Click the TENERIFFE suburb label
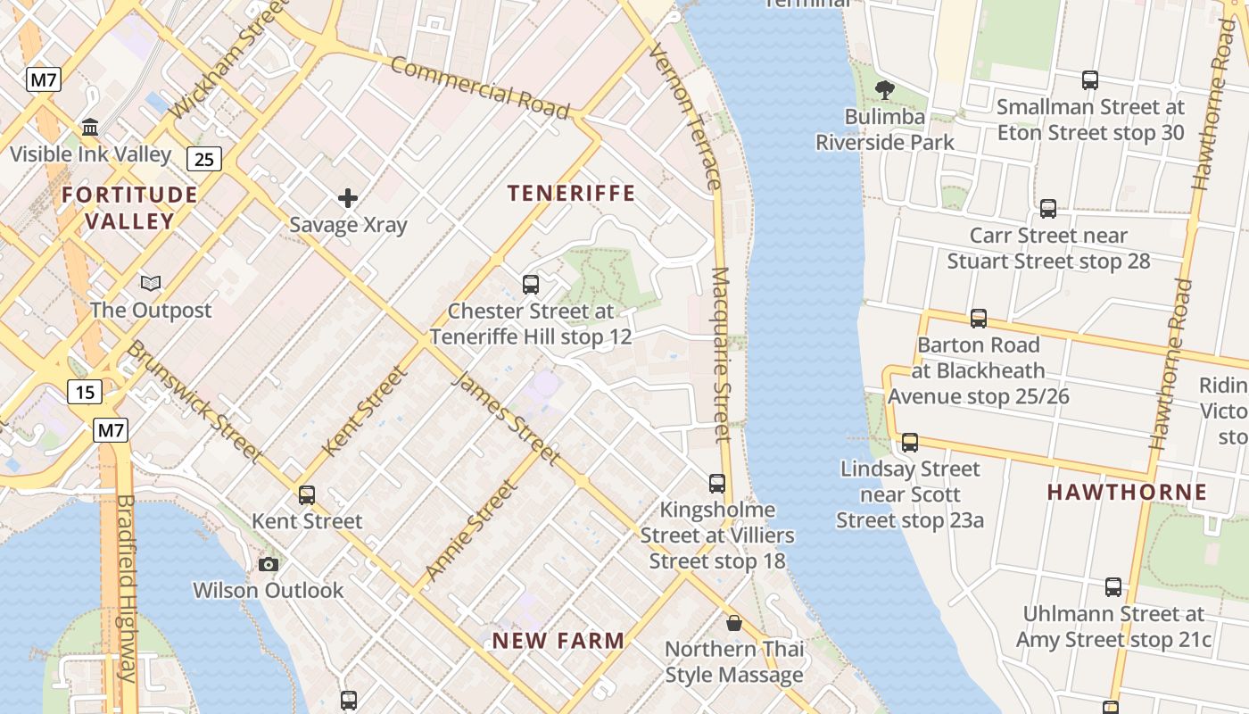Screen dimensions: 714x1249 571,193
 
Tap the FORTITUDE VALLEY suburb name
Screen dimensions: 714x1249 129,207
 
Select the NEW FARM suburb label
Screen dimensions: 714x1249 558,640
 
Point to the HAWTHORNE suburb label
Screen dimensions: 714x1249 1127,492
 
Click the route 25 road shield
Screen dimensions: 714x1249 204,159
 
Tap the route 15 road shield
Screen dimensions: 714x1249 85,391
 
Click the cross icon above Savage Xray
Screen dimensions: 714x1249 348,198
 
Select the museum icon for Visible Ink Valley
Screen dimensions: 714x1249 90,128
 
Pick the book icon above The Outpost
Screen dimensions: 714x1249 151,283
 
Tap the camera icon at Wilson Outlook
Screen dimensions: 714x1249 268,564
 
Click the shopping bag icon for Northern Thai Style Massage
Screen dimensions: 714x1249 733,622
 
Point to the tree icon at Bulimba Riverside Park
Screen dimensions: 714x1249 884,89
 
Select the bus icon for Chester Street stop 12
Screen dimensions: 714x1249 531,285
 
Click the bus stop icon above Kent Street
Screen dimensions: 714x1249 307,494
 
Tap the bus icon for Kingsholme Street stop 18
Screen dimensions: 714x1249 717,483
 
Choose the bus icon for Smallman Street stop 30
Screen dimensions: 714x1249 1090,80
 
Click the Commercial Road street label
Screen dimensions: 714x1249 479,87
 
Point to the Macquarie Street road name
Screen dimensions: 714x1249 721,354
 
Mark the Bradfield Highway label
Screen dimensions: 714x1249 126,588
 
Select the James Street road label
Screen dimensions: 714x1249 507,418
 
